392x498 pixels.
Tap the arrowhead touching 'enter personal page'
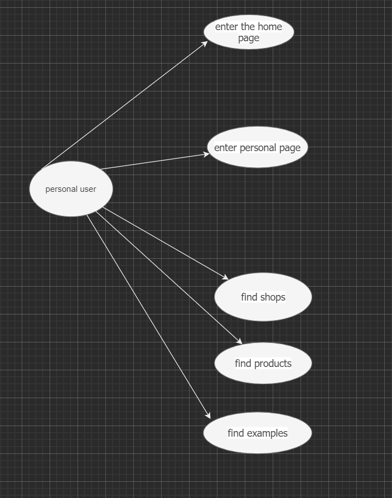pos(207,154)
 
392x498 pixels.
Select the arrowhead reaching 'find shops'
pos(226,278)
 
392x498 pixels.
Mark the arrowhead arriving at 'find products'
pos(240,342)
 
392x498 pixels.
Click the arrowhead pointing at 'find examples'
pos(209,416)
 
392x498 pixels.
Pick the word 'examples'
pos(267,433)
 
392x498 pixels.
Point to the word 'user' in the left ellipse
pos(87,189)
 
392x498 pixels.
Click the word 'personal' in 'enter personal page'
pos(257,148)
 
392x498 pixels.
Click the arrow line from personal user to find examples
pos(148,315)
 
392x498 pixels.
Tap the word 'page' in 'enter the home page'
pos(249,38)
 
